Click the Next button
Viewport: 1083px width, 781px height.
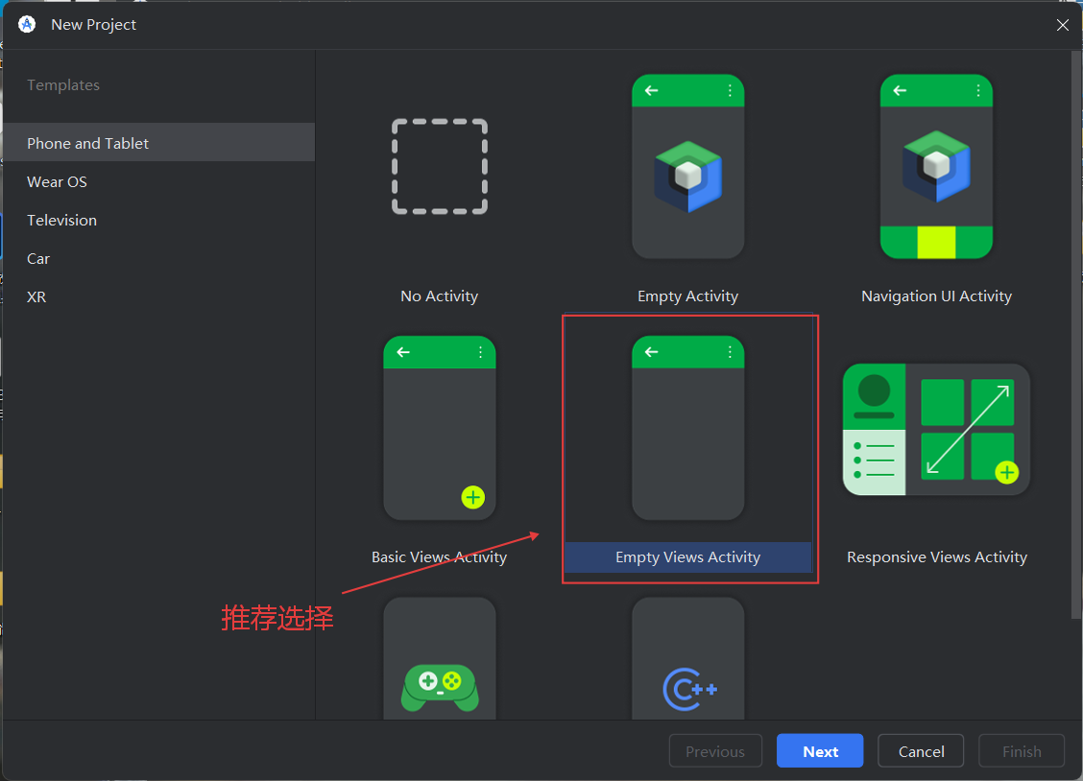pyautogui.click(x=820, y=751)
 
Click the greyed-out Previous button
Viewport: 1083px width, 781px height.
pyautogui.click(x=715, y=751)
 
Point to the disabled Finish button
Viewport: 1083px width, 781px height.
pyautogui.click(x=1022, y=751)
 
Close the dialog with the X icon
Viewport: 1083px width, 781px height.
pyautogui.click(x=1063, y=25)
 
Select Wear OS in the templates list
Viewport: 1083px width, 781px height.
pyautogui.click(x=57, y=181)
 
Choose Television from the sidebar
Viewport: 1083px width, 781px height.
pyautogui.click(x=61, y=220)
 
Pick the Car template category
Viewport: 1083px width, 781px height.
pyautogui.click(x=38, y=258)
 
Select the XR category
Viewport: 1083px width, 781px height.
pyautogui.click(x=36, y=296)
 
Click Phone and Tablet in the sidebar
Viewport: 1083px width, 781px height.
pyautogui.click(x=88, y=143)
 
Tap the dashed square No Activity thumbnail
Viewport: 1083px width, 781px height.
pyautogui.click(x=440, y=167)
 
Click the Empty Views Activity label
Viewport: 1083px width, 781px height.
pyautogui.click(x=687, y=557)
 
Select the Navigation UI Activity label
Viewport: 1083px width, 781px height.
pyautogui.click(x=936, y=296)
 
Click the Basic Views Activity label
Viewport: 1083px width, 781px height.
pyautogui.click(x=439, y=557)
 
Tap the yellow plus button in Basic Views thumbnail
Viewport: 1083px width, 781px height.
pyautogui.click(x=473, y=497)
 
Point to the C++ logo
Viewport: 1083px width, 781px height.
pyautogui.click(x=689, y=689)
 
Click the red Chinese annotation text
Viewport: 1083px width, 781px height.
pyautogui.click(x=277, y=618)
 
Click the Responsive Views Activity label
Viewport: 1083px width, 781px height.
pyautogui.click(x=936, y=557)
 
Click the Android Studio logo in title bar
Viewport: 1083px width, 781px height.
pyautogui.click(x=27, y=25)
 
